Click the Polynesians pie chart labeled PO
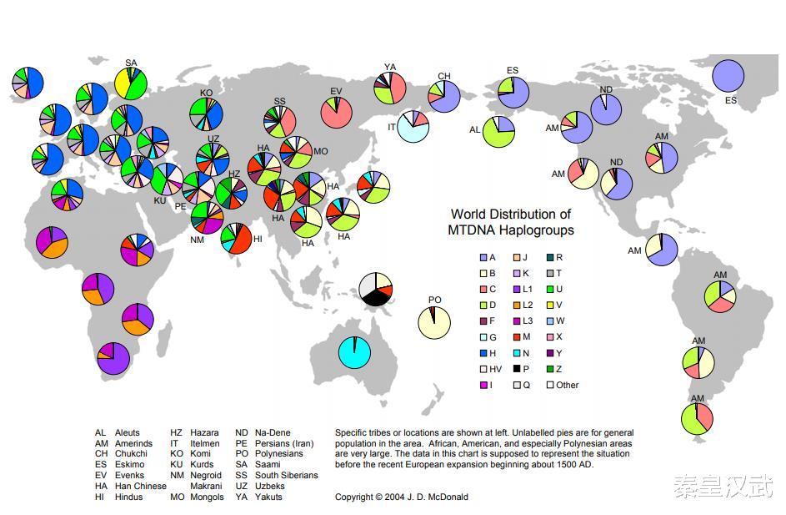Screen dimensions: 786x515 coord(434,323)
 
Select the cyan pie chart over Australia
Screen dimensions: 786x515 coord(354,352)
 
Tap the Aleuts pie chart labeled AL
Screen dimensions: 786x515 coord(498,132)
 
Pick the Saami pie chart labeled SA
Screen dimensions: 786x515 coord(131,83)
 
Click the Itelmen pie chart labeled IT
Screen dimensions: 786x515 coord(413,127)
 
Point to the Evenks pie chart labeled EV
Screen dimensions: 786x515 coord(337,112)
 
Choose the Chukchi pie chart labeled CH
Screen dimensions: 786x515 coord(444,96)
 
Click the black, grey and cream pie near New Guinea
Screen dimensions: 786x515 coord(375,289)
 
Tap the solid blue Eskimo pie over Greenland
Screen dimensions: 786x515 coord(728,76)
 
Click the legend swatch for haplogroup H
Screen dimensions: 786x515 coord(483,353)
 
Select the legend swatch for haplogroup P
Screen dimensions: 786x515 coord(517,369)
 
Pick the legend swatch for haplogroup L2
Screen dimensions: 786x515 coord(517,305)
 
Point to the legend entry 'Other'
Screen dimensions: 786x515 coord(563,385)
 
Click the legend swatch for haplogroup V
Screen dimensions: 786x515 coord(550,305)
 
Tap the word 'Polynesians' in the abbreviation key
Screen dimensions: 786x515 coord(278,453)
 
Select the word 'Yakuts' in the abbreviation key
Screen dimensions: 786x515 coord(268,497)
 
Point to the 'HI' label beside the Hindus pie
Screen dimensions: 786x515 coord(258,239)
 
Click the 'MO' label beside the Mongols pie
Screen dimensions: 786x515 coord(320,151)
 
